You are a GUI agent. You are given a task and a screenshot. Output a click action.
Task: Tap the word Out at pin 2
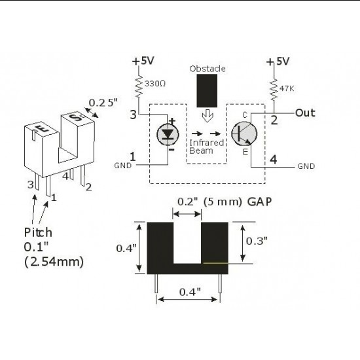point(305,113)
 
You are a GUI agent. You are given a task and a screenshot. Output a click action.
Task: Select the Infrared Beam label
point(206,146)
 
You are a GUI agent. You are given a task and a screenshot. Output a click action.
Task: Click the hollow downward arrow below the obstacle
point(208,117)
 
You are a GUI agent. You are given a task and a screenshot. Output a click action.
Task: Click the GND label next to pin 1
point(123,165)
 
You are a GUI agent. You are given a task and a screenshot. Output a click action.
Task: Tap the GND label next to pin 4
point(306,166)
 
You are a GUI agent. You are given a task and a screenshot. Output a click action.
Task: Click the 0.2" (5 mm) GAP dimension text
point(217,202)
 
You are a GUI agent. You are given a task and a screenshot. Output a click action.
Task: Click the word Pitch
point(38,232)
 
